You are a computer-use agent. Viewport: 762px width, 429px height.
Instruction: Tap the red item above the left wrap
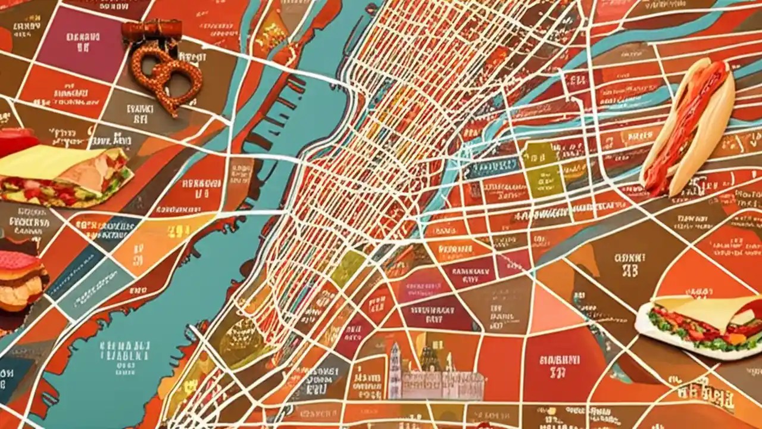18,140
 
